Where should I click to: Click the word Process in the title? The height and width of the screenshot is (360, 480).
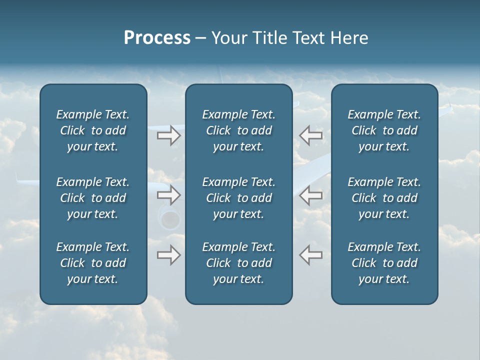click(157, 38)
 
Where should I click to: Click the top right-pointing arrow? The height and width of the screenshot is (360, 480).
click(168, 135)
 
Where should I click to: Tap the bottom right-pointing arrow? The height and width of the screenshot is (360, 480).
click(168, 255)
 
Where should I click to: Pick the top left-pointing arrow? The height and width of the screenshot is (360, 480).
click(310, 135)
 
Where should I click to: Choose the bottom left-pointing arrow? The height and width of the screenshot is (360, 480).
click(310, 255)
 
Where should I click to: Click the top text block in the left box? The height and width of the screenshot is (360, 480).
click(93, 130)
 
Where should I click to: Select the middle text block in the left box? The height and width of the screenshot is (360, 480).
click(93, 198)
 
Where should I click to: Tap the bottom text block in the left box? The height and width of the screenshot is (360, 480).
click(93, 263)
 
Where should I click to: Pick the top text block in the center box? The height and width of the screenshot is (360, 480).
click(238, 130)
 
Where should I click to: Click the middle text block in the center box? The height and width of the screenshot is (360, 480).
click(238, 198)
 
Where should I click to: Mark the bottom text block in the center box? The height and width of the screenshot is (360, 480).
click(238, 263)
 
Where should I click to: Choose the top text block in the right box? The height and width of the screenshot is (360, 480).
click(384, 130)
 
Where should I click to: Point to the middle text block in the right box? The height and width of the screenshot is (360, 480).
click(384, 198)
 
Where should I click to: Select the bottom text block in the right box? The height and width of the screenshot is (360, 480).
click(384, 263)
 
